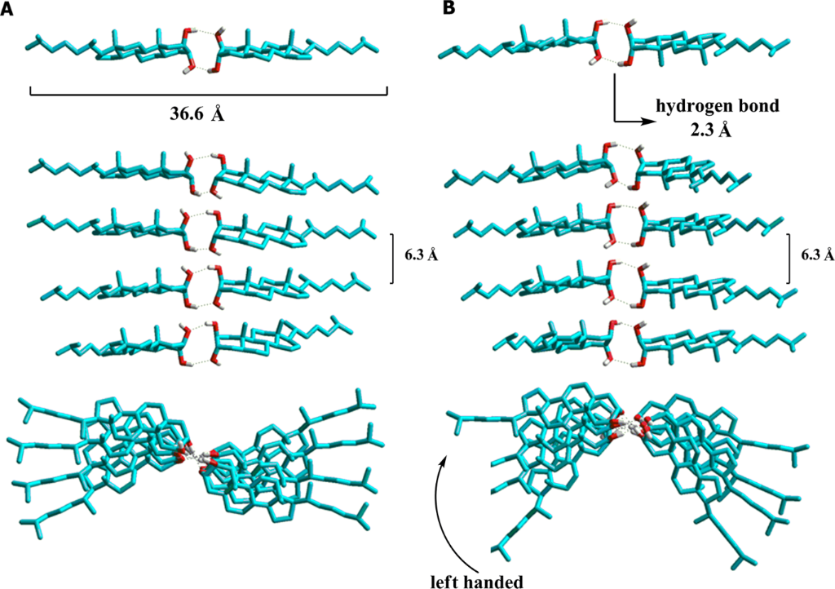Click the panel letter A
pos(7,9)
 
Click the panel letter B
pos(449,9)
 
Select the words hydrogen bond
pos(718,107)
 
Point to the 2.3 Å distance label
pos(710,130)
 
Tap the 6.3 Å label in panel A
pos(421,255)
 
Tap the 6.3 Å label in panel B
pos(818,255)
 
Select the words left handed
pos(476,581)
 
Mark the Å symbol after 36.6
pos(217,114)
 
